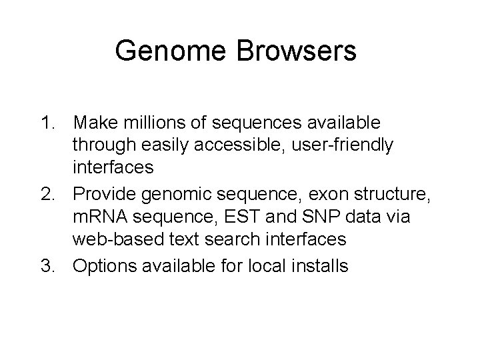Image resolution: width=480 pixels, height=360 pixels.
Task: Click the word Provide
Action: [x=106, y=194]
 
